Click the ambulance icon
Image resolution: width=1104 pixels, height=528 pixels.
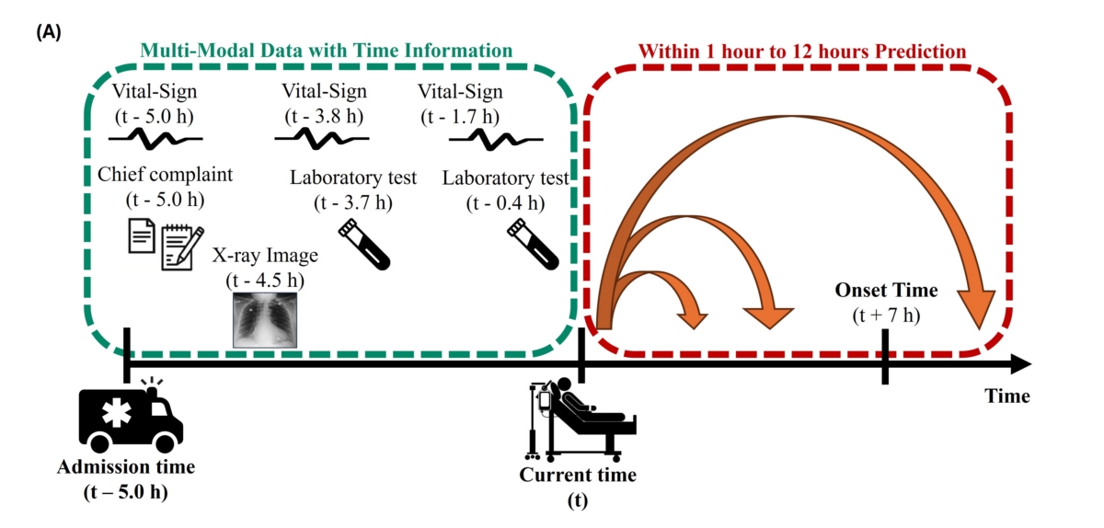click(x=131, y=419)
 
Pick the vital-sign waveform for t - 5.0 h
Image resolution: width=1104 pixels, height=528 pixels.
click(x=156, y=138)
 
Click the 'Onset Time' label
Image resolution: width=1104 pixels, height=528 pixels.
click(x=886, y=291)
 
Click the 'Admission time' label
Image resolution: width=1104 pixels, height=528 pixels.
click(x=126, y=466)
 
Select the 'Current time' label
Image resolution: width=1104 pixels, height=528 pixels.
click(x=578, y=476)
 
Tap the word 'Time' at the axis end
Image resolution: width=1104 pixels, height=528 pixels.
click(x=1007, y=396)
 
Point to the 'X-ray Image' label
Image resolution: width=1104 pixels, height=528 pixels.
click(x=267, y=255)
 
